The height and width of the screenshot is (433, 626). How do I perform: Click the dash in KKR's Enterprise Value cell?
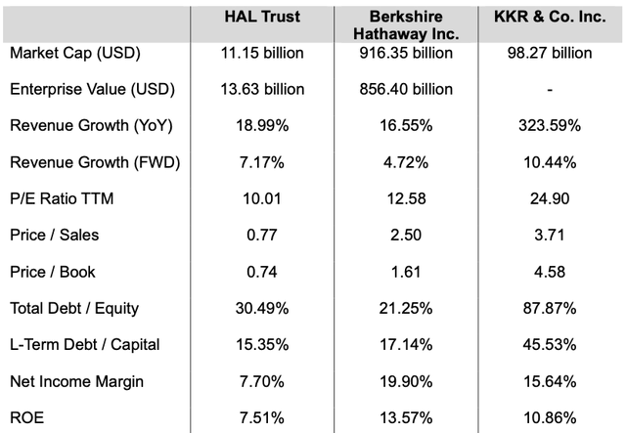pos(550,90)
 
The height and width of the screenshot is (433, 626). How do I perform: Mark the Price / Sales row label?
pos(54,235)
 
